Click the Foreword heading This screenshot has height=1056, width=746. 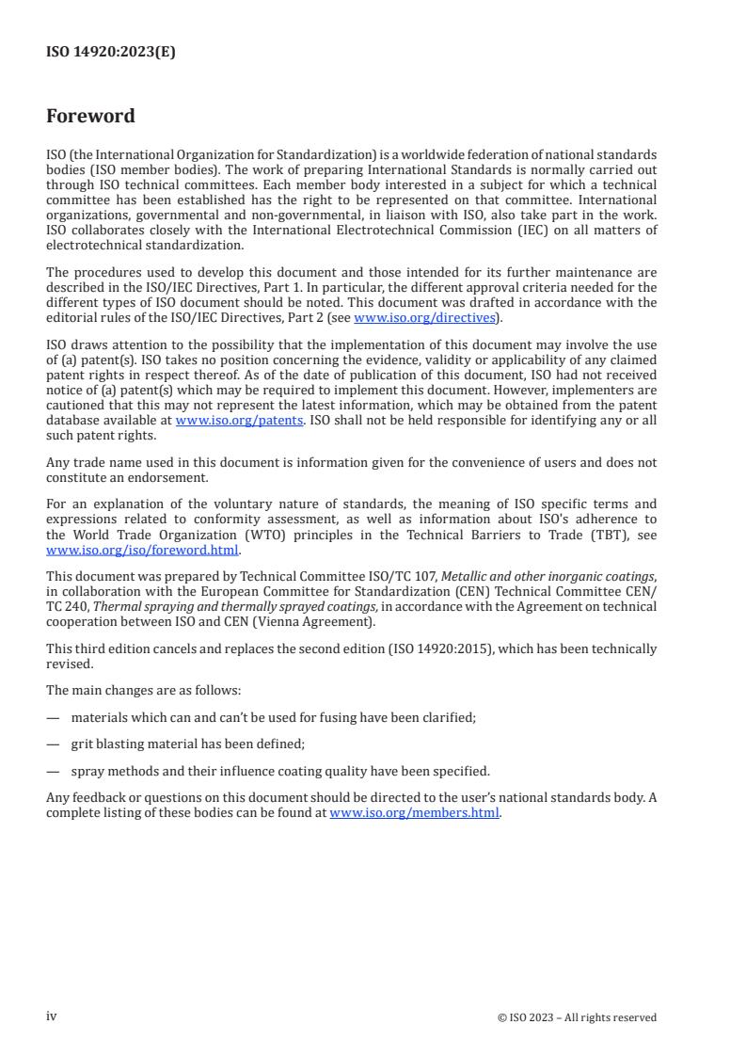point(90,117)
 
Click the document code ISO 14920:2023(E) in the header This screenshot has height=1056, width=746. point(110,53)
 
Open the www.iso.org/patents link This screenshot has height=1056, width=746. point(239,420)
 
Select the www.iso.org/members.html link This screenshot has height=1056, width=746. point(414,813)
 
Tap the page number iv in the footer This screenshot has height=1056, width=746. point(52,1016)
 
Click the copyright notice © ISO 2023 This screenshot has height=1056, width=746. point(577,1017)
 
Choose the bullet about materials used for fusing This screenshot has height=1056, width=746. point(273,717)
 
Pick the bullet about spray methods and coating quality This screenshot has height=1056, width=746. point(279,771)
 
